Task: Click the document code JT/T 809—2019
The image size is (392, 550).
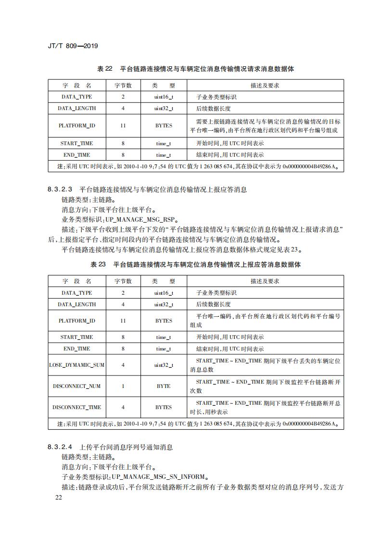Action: click(x=73, y=46)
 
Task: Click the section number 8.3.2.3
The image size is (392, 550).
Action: click(x=60, y=189)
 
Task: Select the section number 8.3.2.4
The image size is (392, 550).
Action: click(x=60, y=447)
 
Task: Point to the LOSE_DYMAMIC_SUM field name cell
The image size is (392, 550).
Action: click(x=77, y=365)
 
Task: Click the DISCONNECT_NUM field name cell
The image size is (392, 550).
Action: click(x=77, y=386)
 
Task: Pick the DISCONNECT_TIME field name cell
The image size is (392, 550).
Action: click(x=77, y=407)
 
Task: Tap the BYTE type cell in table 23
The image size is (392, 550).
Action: click(x=164, y=386)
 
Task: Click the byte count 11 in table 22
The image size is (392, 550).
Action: click(x=123, y=125)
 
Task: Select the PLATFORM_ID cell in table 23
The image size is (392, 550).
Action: click(x=77, y=321)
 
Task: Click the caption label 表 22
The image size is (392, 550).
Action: click(x=104, y=69)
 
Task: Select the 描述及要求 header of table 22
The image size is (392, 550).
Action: click(x=265, y=86)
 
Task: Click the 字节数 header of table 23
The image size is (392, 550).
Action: click(x=123, y=281)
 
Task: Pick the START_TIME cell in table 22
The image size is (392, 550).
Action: click(x=77, y=143)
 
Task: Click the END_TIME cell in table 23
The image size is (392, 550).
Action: click(x=77, y=349)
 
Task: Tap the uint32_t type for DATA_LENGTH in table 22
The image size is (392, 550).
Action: click(x=164, y=108)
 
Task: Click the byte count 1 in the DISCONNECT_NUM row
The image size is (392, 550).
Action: click(x=123, y=386)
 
